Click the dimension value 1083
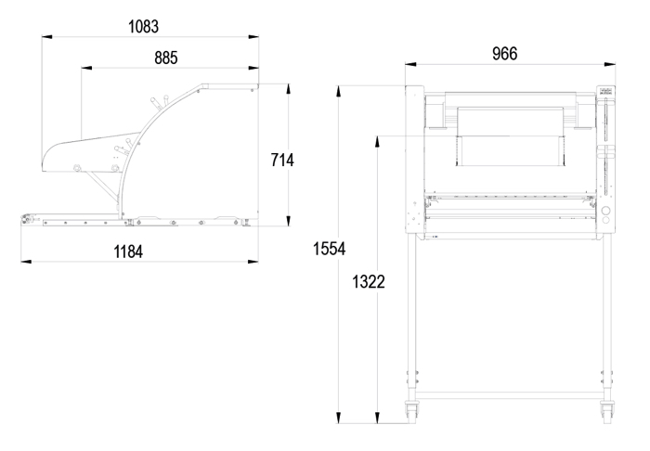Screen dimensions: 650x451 143,27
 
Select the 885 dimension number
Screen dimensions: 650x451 166,58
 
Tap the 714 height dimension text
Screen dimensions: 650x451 282,160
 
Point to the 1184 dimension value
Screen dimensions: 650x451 128,251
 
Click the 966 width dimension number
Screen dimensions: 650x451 505,54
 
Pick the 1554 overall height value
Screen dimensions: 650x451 329,249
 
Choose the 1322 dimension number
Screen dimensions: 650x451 369,281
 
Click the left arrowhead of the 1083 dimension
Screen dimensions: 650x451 46,37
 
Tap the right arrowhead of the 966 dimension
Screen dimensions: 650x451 610,64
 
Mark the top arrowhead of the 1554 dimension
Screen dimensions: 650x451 339,92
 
